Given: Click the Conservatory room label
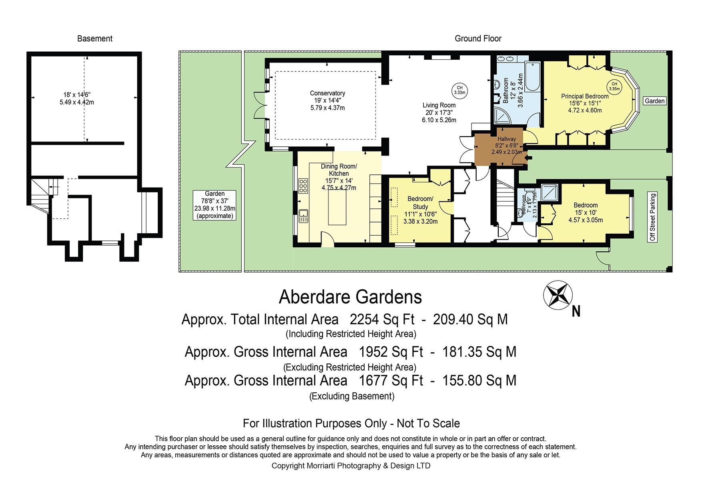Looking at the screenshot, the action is click(x=327, y=93).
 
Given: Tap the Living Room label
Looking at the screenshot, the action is click(x=439, y=105).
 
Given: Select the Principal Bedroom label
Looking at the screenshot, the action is click(x=585, y=96).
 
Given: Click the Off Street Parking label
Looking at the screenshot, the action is click(x=653, y=217).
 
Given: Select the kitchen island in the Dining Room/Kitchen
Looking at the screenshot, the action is click(x=337, y=207).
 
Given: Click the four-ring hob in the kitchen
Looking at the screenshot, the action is click(x=303, y=186).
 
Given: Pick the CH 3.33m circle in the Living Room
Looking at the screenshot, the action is click(x=459, y=90).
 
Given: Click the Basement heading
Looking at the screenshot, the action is click(x=95, y=38).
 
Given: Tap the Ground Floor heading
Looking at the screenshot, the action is click(x=478, y=38).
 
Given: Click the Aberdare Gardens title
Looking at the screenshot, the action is click(x=350, y=297).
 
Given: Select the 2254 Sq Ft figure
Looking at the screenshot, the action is click(x=382, y=319).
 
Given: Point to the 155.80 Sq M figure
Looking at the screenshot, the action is click(x=479, y=380).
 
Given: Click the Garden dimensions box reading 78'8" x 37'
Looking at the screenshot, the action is click(x=215, y=205).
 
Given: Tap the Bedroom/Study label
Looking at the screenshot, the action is click(x=420, y=203).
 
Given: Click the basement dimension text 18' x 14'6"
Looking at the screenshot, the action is click(x=77, y=95).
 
